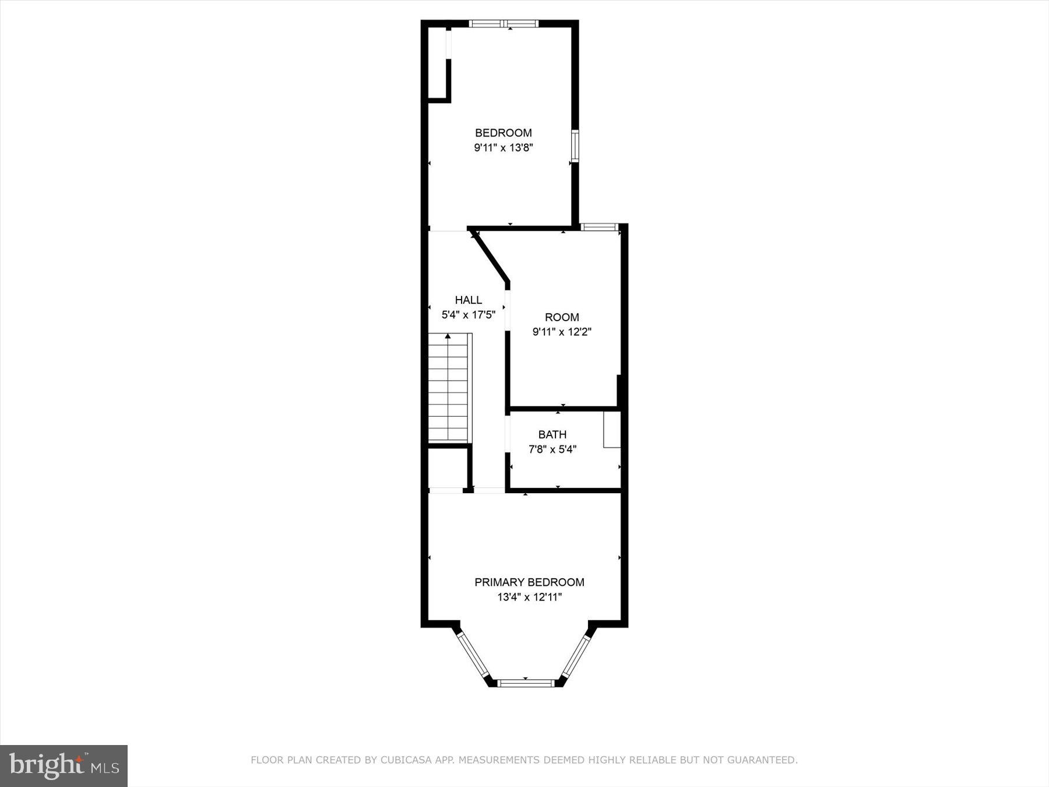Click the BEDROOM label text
pos(503,133)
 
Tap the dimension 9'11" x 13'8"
pos(503,148)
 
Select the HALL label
pos(469,300)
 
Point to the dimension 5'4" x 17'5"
pos(469,315)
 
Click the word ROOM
pos(562,317)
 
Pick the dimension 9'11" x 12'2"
pos(562,332)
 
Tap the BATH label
pos(552,434)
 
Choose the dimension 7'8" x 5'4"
pos(552,449)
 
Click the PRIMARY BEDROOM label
pos(529,582)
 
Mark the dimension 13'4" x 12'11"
pos(529,597)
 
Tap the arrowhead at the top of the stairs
pos(448,336)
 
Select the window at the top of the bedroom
pos(504,24)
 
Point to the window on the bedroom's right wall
pos(575,146)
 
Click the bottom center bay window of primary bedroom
pos(525,683)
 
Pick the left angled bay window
pos(473,656)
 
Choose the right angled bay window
pos(576,656)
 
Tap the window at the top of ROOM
pos(599,227)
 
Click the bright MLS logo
pos(64,765)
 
